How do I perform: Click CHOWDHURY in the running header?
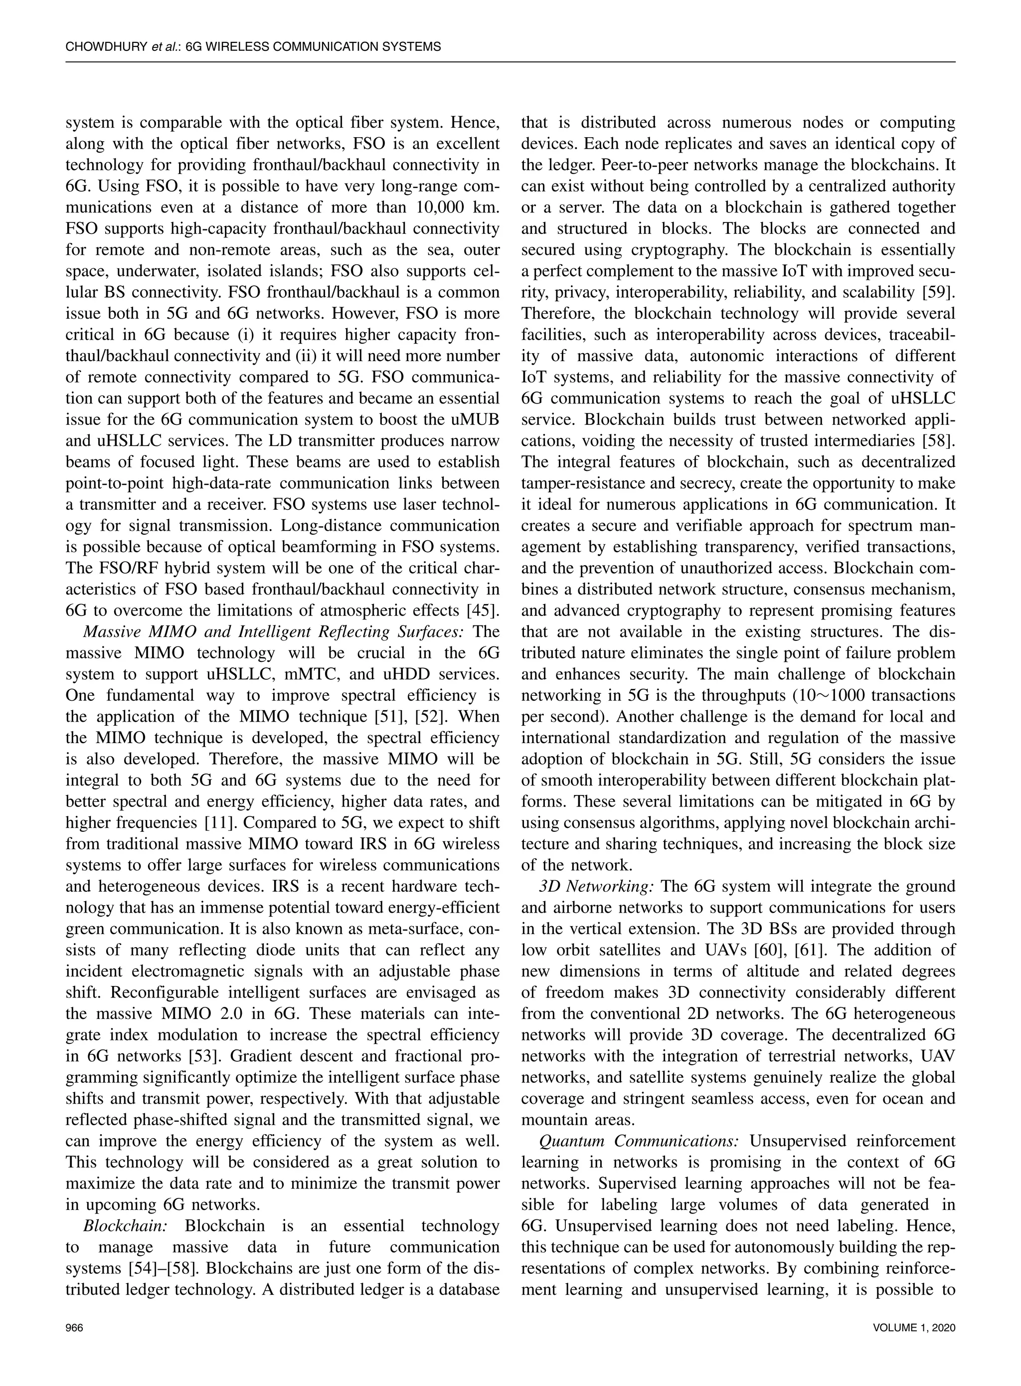[106, 46]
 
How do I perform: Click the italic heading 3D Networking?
[596, 886]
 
